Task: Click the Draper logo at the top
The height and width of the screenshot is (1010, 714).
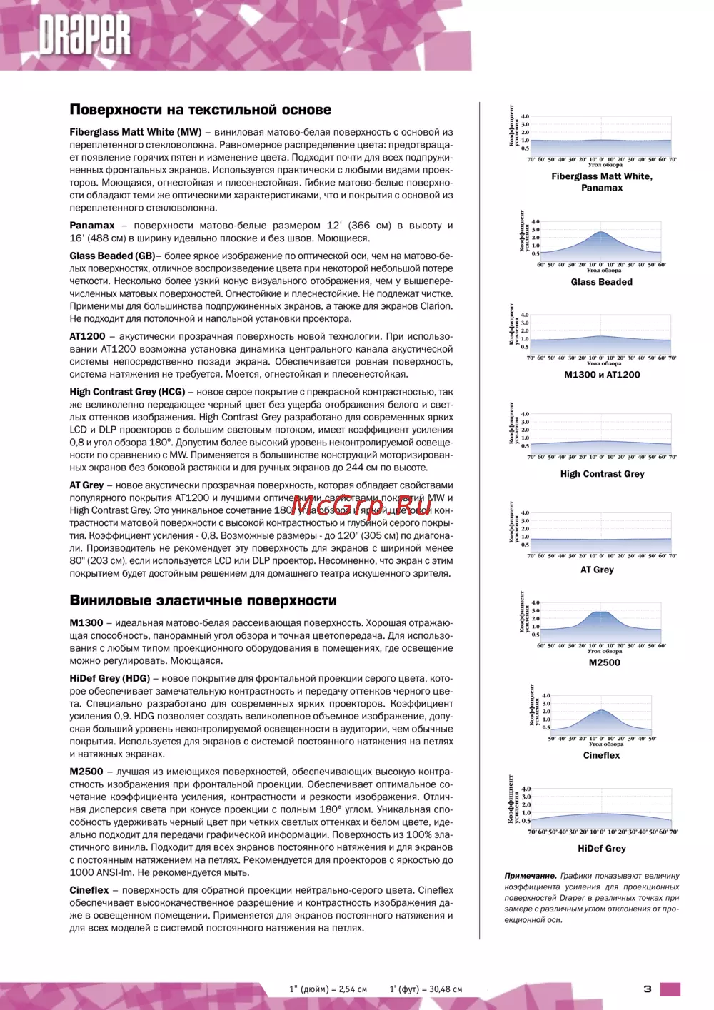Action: pyautogui.click(x=85, y=35)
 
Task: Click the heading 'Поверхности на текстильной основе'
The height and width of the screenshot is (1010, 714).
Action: pyautogui.click(x=200, y=110)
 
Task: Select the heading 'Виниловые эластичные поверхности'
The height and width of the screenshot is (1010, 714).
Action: pyautogui.click(x=203, y=600)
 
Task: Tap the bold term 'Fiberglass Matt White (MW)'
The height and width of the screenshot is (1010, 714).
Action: pyautogui.click(x=135, y=132)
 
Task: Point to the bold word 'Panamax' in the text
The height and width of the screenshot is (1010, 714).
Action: pyautogui.click(x=92, y=226)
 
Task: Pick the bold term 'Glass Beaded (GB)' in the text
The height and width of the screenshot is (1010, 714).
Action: pyautogui.click(x=112, y=256)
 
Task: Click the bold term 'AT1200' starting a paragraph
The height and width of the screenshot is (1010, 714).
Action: pyautogui.click(x=87, y=336)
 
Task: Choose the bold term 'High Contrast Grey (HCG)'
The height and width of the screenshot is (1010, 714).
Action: pyautogui.click(x=127, y=392)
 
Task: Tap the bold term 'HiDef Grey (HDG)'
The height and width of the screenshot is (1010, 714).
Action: pyautogui.click(x=109, y=678)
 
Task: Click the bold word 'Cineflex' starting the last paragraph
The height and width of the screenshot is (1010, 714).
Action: pyautogui.click(x=89, y=890)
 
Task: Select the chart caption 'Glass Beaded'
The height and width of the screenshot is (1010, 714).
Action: pyautogui.click(x=601, y=282)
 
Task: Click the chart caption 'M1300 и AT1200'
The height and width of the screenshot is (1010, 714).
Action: pyautogui.click(x=602, y=375)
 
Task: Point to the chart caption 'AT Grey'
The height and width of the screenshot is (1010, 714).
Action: pyautogui.click(x=597, y=570)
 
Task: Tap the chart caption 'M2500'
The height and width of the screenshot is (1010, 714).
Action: pyautogui.click(x=604, y=662)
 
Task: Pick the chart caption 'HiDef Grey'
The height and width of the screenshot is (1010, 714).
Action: pyautogui.click(x=601, y=849)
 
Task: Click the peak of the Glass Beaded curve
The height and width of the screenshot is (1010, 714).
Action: pyautogui.click(x=601, y=232)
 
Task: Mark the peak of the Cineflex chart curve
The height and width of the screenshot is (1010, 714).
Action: pyautogui.click(x=602, y=709)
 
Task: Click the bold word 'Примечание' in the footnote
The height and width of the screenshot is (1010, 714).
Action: pyautogui.click(x=530, y=876)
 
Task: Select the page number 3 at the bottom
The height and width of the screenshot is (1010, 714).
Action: pyautogui.click(x=647, y=989)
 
